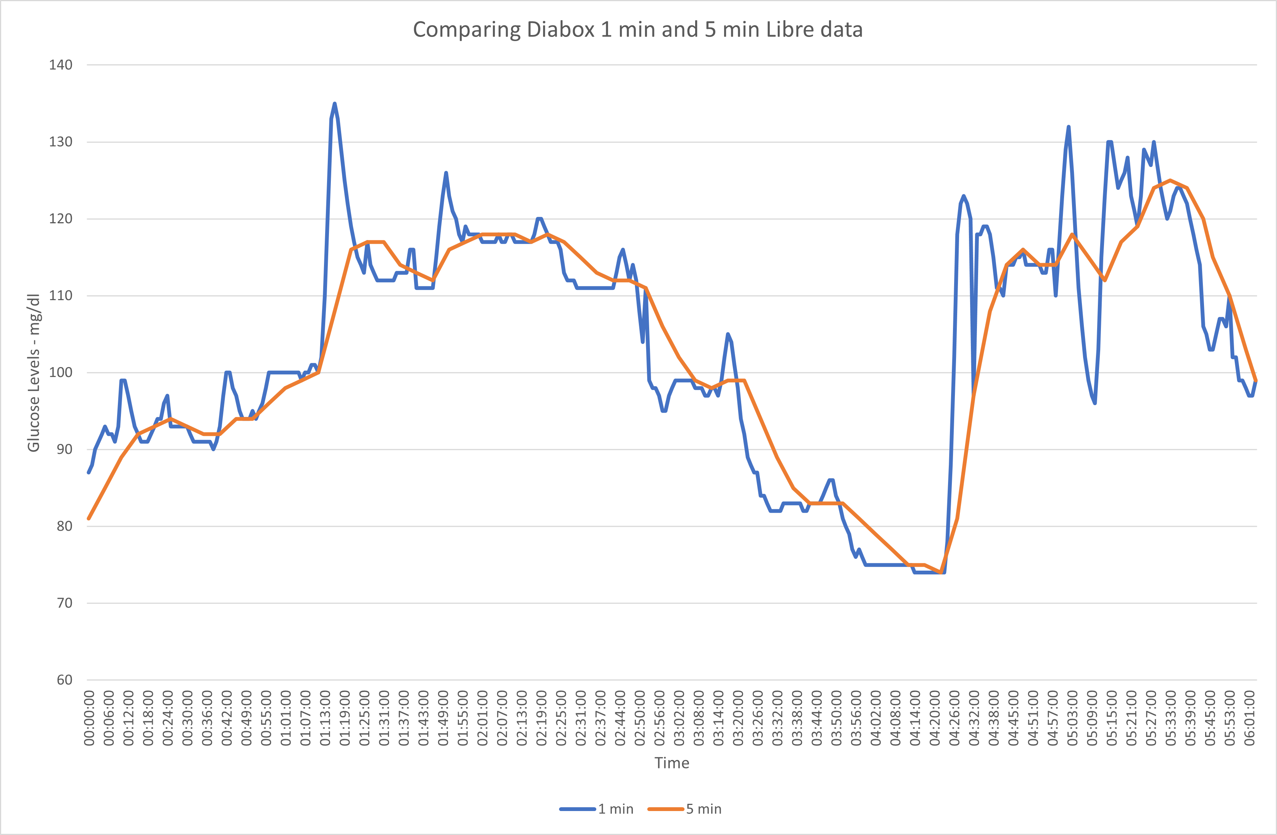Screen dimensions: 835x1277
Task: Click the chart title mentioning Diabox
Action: click(637, 30)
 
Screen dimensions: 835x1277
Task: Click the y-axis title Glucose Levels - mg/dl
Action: click(33, 372)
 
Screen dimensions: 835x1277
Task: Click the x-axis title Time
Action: click(671, 763)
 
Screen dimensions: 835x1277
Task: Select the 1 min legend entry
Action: click(597, 809)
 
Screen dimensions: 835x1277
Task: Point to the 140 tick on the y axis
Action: click(60, 65)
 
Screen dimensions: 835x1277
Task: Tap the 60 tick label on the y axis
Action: click(64, 680)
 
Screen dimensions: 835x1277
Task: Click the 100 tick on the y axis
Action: click(60, 372)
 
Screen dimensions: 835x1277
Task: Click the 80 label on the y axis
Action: click(64, 526)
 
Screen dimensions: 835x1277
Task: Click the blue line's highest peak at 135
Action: click(334, 103)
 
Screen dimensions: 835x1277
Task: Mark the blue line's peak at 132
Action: click(1068, 127)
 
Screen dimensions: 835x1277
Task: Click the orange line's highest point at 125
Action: click(1170, 180)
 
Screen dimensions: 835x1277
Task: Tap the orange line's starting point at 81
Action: click(89, 518)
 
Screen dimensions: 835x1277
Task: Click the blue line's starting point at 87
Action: click(89, 472)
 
